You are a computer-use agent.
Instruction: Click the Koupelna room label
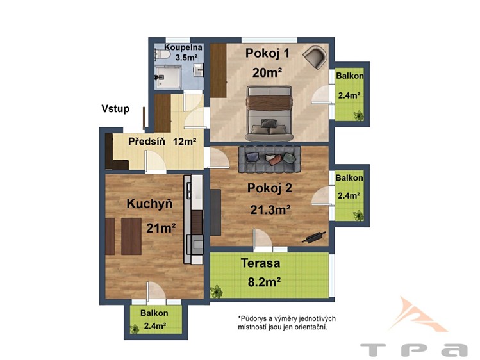tap(183, 47)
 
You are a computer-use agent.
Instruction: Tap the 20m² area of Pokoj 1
tap(267, 72)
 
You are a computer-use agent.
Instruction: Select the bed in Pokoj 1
tap(269, 113)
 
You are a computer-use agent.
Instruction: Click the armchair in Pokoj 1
tap(315, 57)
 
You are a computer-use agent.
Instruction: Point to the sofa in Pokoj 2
tap(269, 159)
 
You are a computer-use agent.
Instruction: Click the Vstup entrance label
tap(115, 109)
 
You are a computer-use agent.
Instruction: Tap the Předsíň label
tap(147, 142)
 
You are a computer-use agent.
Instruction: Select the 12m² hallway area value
tap(185, 142)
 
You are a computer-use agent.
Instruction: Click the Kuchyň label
tap(149, 204)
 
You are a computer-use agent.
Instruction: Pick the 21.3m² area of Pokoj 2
tap(270, 210)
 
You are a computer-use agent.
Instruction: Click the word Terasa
tap(260, 263)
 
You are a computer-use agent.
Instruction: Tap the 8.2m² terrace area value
tap(264, 282)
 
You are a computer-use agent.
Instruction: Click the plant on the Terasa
tap(217, 291)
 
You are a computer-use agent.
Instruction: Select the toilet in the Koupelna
tap(162, 54)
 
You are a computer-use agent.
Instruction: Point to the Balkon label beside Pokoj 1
tap(350, 76)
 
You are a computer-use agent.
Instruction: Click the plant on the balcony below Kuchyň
tap(135, 329)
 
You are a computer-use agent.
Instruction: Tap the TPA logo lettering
tap(414, 350)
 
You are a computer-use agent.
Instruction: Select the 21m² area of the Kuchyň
tap(161, 228)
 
